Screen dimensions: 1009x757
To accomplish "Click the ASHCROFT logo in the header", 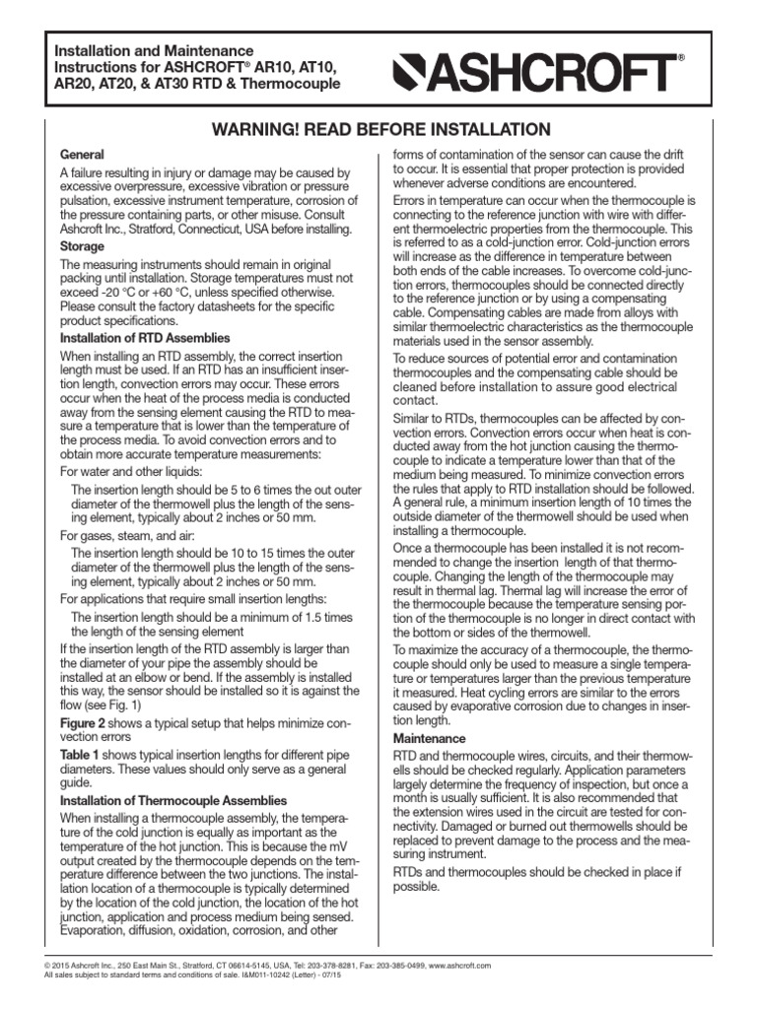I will pos(538,70).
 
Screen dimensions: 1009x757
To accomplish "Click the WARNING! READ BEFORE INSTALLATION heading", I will pos(378,130).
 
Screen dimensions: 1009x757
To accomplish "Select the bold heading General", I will pos(83,156).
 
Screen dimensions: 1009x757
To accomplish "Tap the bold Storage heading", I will pos(84,245).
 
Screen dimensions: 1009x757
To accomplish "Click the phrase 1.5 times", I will pos(322,617).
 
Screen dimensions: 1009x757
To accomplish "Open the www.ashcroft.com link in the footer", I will pos(460,967).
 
